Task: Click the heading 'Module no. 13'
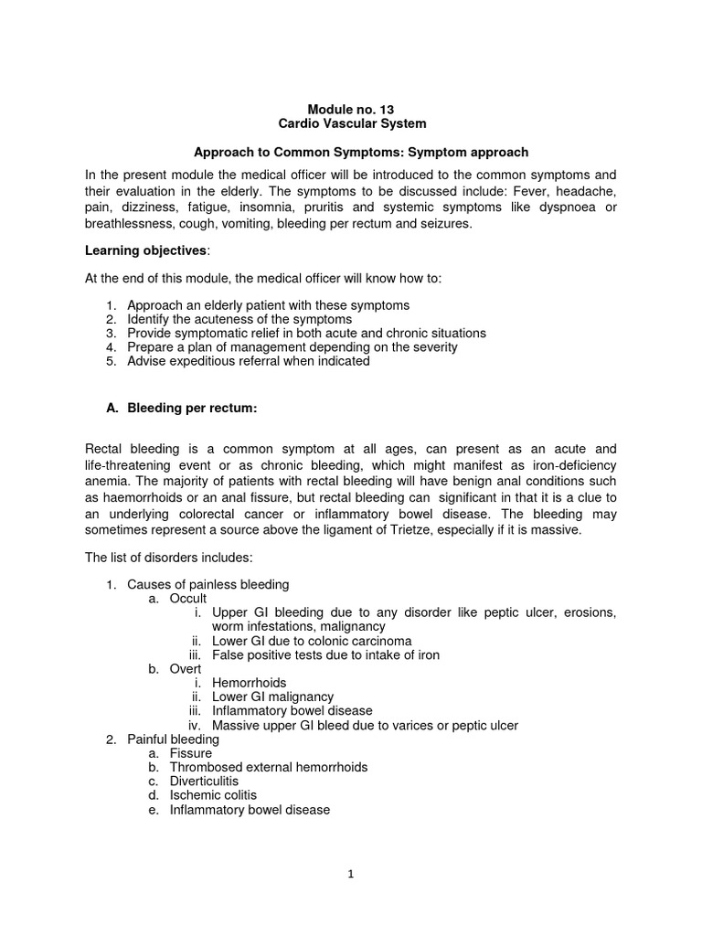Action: coord(351,109)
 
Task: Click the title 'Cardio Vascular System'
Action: coord(351,123)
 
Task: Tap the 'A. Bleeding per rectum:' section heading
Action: coord(182,409)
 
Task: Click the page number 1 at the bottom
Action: coord(351,873)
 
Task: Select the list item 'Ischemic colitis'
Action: coord(207,796)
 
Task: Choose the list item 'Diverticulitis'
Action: coord(203,782)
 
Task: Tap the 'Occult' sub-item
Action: coord(188,598)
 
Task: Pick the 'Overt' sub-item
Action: coord(186,668)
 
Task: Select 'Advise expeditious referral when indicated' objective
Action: coord(249,361)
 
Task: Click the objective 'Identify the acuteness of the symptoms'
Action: coord(239,319)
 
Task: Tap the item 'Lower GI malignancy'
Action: coord(272,697)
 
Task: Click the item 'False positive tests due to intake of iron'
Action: coord(325,654)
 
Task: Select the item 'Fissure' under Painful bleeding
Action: coord(191,753)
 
